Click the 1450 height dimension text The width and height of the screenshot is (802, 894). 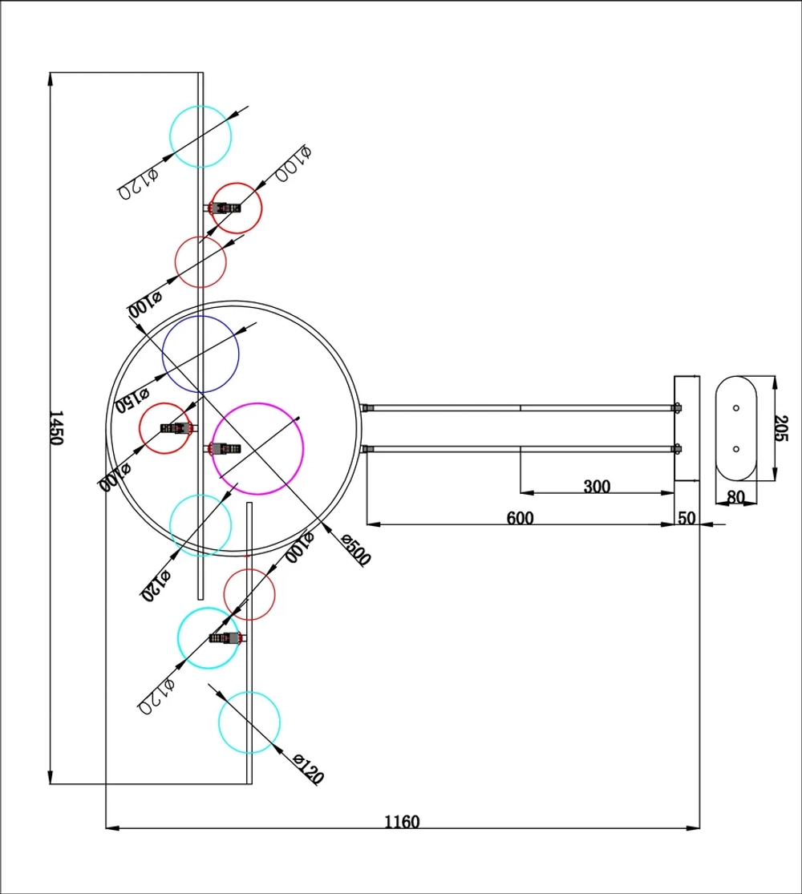[55, 428]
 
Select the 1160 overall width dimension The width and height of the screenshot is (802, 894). [402, 821]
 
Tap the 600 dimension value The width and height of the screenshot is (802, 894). [520, 518]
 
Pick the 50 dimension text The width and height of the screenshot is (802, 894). [687, 518]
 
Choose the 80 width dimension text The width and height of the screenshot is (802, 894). [735, 497]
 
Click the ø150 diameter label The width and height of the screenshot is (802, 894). [132, 398]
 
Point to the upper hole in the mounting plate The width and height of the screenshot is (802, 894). [736, 408]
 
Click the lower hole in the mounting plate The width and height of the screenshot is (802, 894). [736, 449]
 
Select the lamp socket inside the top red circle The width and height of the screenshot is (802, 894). [225, 208]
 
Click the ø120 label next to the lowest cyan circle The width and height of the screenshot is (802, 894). [308, 769]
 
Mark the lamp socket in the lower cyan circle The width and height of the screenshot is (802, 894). [225, 638]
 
